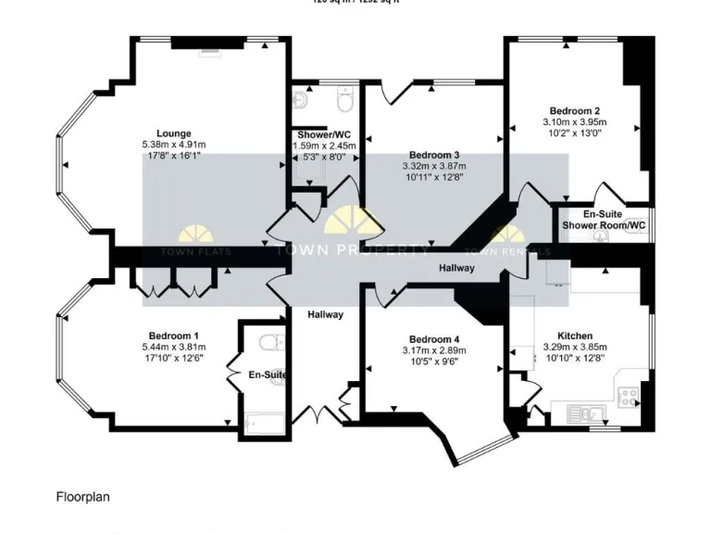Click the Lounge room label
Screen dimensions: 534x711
pyautogui.click(x=173, y=133)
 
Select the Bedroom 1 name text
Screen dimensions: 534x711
pyautogui.click(x=173, y=336)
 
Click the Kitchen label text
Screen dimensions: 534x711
pyautogui.click(x=575, y=336)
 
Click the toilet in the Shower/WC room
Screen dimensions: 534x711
pyautogui.click(x=345, y=98)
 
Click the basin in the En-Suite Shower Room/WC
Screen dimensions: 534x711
pyautogui.click(x=602, y=237)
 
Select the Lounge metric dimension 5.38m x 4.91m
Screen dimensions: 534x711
pyautogui.click(x=173, y=145)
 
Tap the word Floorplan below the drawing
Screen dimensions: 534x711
pyautogui.click(x=82, y=497)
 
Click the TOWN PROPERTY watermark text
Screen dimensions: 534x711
pyautogui.click(x=352, y=249)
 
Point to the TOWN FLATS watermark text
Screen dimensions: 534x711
pyautogui.click(x=196, y=251)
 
